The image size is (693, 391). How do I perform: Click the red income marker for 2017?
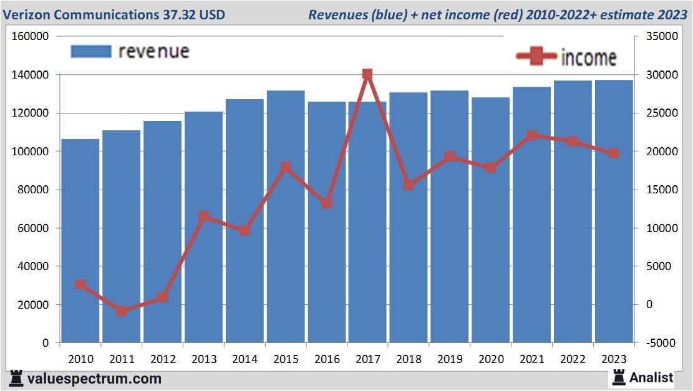click(367, 74)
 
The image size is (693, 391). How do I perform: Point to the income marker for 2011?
click(122, 311)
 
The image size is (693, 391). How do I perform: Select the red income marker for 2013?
click(203, 216)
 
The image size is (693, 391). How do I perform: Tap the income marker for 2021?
click(531, 135)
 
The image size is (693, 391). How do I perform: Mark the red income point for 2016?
click(327, 203)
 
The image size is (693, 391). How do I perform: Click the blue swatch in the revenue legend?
click(91, 51)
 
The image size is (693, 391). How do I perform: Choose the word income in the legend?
click(589, 58)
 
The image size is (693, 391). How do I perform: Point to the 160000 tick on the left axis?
click(31, 36)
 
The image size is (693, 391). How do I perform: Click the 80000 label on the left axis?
click(33, 190)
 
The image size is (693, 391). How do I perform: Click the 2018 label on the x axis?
click(409, 359)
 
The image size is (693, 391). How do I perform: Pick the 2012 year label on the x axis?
click(163, 359)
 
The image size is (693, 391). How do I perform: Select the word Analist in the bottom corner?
click(651, 377)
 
